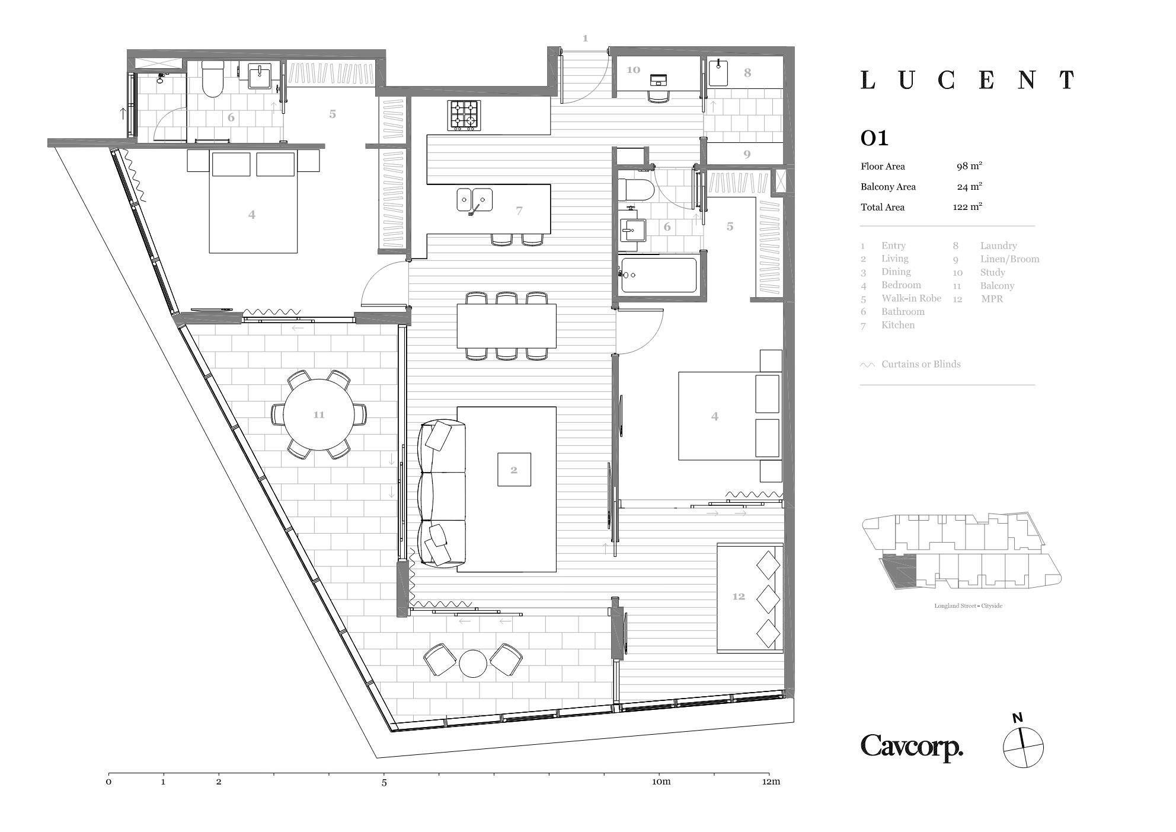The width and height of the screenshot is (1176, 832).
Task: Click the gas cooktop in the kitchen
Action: pos(464,116)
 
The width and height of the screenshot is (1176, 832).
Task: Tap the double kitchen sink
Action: pos(474,200)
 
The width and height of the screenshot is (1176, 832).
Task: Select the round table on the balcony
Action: pos(319,415)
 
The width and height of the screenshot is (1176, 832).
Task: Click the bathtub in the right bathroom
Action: pos(659,275)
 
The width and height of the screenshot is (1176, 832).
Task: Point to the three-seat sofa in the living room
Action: pos(442,494)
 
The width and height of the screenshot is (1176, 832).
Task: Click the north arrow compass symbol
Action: pos(1023,747)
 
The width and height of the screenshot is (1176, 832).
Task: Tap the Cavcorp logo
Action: pos(912,747)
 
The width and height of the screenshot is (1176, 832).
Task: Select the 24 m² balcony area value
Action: pos(969,187)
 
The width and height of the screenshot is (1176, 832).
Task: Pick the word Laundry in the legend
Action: pos(998,246)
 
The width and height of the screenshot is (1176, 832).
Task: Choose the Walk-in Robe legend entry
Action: pos(911,298)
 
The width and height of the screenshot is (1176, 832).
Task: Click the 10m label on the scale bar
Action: pos(661,782)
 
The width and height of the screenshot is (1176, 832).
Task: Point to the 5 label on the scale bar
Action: pos(384,782)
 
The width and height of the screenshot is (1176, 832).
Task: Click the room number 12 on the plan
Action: pos(738,597)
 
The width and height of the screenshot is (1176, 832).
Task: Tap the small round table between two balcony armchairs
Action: pos(473,664)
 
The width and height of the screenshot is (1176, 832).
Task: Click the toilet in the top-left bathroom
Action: pos(212,79)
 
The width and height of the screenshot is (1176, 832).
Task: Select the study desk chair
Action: pos(659,96)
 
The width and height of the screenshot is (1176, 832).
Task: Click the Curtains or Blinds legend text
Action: pos(921,364)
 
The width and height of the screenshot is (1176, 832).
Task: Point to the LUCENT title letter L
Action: pos(868,80)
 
